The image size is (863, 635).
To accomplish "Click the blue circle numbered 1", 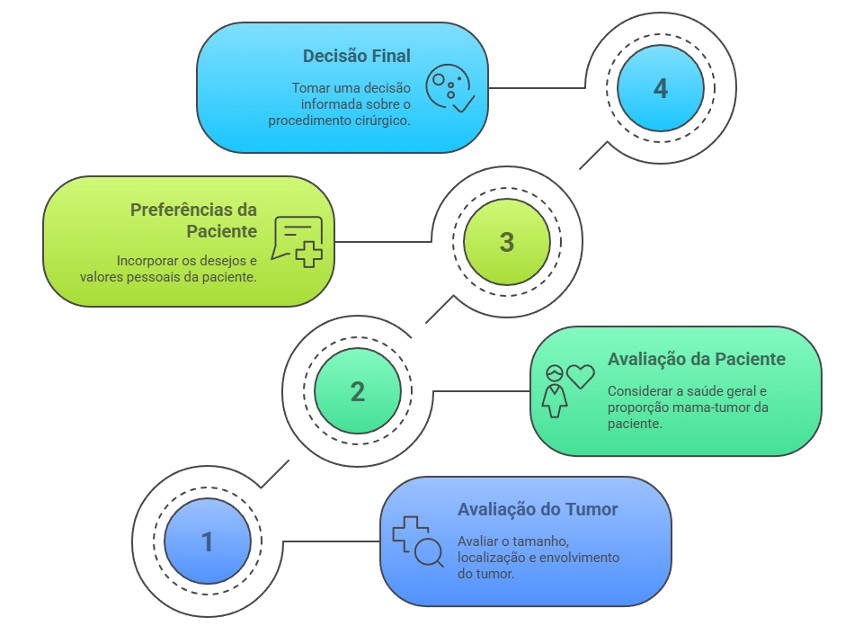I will [208, 541].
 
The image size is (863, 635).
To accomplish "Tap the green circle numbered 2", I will [358, 391].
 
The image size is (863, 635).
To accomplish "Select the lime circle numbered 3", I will [507, 241].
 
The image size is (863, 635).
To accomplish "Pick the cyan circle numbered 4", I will [661, 88].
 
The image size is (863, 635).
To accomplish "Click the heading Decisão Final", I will [356, 56].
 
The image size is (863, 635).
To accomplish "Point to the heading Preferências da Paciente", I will [194, 220].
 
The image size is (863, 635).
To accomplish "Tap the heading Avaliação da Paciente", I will [697, 360].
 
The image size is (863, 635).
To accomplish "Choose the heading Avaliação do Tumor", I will [538, 509].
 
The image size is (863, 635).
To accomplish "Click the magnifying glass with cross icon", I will [418, 541].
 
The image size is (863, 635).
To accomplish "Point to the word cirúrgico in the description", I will [379, 121].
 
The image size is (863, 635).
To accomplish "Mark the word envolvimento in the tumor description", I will [575, 558].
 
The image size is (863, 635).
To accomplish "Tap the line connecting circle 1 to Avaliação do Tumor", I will [331, 541].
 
